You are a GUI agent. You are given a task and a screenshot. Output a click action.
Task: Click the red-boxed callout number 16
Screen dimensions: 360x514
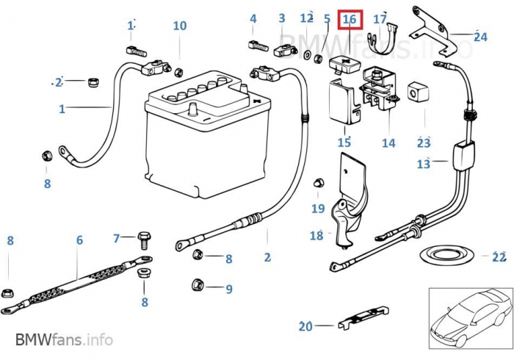(x=350, y=18)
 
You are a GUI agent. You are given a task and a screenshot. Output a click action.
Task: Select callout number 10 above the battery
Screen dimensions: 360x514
(x=180, y=26)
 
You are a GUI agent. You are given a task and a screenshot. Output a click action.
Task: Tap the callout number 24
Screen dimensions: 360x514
(x=480, y=36)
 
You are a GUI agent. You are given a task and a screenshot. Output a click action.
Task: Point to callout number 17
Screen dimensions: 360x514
(x=380, y=18)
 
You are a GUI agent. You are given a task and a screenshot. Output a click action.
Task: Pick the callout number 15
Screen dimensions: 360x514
(x=344, y=142)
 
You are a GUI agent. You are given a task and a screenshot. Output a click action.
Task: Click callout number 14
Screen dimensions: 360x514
(x=388, y=143)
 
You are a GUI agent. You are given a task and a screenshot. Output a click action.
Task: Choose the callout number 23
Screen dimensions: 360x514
(x=424, y=143)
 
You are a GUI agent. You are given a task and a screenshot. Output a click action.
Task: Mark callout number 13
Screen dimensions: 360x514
(x=424, y=164)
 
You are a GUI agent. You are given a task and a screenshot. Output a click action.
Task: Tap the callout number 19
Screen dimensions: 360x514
(x=317, y=209)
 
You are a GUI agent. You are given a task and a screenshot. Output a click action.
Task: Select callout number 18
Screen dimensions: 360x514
(x=316, y=236)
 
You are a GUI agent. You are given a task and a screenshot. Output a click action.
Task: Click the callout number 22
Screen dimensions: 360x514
(x=499, y=256)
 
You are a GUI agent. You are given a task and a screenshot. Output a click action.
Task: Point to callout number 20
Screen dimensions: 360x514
(x=305, y=326)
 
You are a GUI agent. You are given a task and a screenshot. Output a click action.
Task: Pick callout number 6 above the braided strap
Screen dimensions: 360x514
(x=79, y=240)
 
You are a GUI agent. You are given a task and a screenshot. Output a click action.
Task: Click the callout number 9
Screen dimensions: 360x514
(x=228, y=289)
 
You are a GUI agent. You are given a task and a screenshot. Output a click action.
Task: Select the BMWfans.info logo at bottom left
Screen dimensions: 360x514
(x=64, y=340)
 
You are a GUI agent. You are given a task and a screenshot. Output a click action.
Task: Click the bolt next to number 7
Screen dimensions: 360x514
(x=143, y=238)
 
